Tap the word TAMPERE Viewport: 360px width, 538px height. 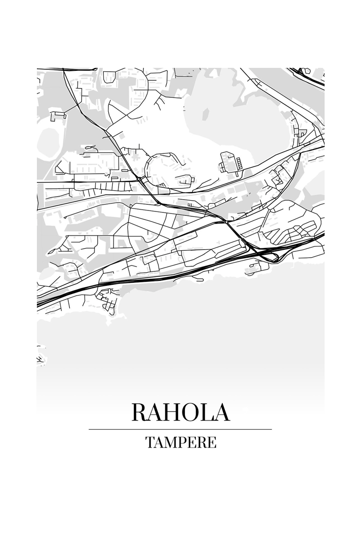pos(180,442)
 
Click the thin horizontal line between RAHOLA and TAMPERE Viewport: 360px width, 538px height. pos(180,429)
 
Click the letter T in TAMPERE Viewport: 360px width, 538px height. pos(150,442)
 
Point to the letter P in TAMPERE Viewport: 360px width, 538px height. pos(181,442)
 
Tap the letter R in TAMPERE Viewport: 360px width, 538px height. pos(201,442)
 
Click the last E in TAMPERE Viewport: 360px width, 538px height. pos(211,442)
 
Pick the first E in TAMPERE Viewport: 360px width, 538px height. pos(191,442)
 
